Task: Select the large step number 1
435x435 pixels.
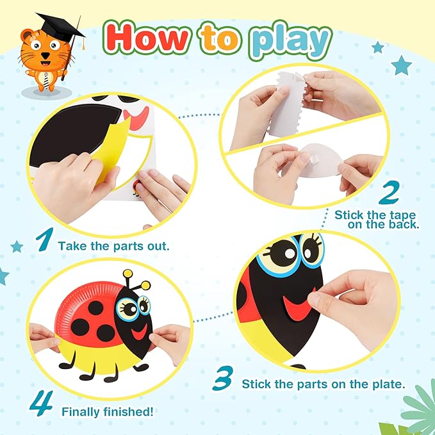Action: coord(43,240)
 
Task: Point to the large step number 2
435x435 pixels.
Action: coord(390,193)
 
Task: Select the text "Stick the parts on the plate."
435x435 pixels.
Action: coord(324,384)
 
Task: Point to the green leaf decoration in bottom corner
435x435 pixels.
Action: coord(416,410)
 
